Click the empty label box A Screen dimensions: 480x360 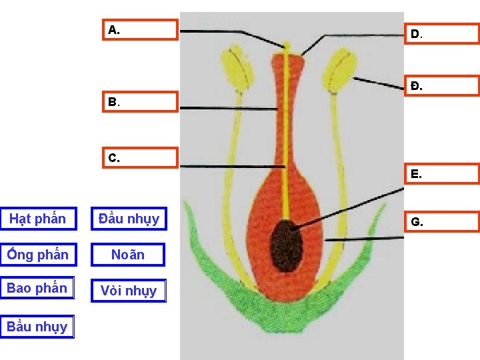(x=141, y=30)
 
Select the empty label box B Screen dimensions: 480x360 (x=141, y=102)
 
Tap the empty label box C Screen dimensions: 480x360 (x=141, y=158)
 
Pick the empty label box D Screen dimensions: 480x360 (x=442, y=33)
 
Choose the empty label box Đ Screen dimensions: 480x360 (x=442, y=86)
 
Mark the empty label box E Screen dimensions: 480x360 (x=442, y=174)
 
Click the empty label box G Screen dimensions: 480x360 (x=442, y=221)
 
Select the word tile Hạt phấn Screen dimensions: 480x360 (x=37, y=219)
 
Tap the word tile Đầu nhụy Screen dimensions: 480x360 (x=129, y=219)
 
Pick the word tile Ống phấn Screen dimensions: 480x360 (x=37, y=255)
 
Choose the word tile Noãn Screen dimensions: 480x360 (x=128, y=255)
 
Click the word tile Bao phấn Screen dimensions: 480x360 (x=37, y=288)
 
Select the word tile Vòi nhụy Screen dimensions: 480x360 (x=128, y=291)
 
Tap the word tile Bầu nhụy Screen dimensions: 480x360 (x=37, y=327)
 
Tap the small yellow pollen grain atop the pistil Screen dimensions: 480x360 (x=287, y=46)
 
